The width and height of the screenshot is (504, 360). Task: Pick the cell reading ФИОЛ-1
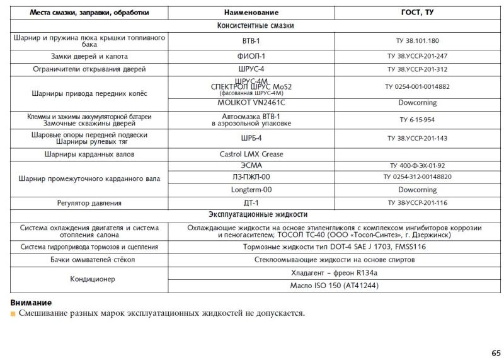[x=251, y=56]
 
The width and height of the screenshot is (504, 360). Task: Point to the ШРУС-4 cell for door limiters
[x=251, y=69]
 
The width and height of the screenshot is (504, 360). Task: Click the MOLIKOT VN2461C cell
[x=251, y=102]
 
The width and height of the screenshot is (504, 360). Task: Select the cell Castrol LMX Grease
[x=251, y=154]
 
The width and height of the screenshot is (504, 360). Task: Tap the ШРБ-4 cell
[x=251, y=138]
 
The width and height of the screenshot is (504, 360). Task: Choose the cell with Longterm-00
[x=251, y=189]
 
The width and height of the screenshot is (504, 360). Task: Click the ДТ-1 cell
[x=251, y=203]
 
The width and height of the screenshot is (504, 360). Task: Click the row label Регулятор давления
[x=89, y=203]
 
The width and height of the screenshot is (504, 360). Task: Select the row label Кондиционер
[x=89, y=279]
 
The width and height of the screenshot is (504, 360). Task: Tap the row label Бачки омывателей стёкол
[x=89, y=259]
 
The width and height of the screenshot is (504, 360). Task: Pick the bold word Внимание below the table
[x=31, y=303]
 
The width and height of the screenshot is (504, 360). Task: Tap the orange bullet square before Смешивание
[x=13, y=313]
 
